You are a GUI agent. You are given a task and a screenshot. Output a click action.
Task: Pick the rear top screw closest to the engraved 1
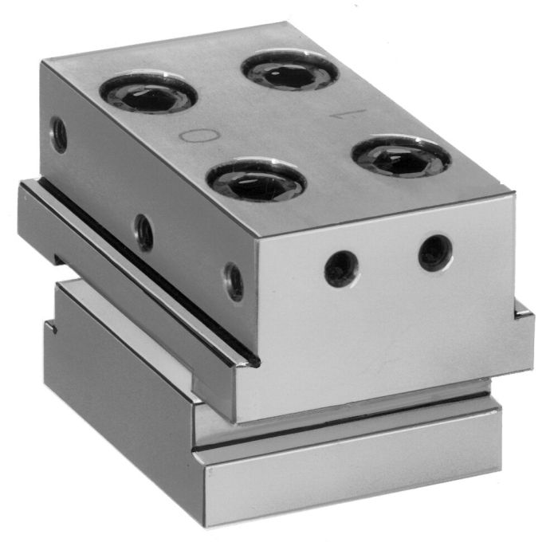(290, 70)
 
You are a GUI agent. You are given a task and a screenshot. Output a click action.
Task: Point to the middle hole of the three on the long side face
(144, 233)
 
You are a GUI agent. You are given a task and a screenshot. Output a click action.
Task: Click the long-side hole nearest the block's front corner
(234, 281)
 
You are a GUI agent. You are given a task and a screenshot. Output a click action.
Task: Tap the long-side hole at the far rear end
(58, 135)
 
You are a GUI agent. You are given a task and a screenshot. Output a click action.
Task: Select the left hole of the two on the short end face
(341, 269)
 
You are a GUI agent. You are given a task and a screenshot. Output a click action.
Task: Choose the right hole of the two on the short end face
(435, 253)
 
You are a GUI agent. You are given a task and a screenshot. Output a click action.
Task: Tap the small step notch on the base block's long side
(51, 326)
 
